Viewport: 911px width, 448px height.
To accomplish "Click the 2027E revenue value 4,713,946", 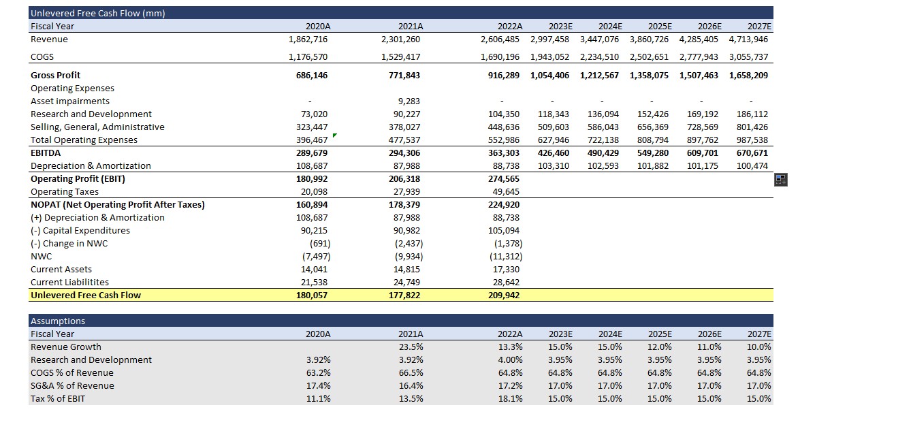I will click(x=748, y=39).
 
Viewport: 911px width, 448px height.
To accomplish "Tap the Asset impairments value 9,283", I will click(x=409, y=101).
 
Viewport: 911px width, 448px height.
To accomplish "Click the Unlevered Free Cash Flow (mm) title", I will click(x=98, y=13).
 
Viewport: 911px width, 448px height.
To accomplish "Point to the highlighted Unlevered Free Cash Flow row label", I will click(x=86, y=295).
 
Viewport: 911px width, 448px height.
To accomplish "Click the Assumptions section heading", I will click(x=58, y=321).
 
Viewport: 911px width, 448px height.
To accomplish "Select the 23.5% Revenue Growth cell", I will click(x=411, y=347).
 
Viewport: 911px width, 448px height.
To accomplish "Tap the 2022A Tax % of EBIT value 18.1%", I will click(x=511, y=398).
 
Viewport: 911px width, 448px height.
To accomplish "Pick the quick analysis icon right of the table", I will click(x=780, y=180).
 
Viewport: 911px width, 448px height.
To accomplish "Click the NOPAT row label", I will click(x=117, y=204).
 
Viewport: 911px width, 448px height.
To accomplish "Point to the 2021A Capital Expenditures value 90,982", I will click(x=408, y=230).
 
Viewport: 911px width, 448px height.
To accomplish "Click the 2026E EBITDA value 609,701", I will click(x=701, y=153).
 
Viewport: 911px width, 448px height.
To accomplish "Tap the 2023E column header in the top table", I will click(x=560, y=26).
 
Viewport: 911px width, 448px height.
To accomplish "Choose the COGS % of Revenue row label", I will click(x=72, y=372).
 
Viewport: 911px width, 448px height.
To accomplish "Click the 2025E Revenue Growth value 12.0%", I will click(x=659, y=347).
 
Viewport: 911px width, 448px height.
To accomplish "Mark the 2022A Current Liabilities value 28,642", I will click(x=505, y=282).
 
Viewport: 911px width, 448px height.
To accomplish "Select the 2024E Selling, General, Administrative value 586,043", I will click(x=603, y=127).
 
